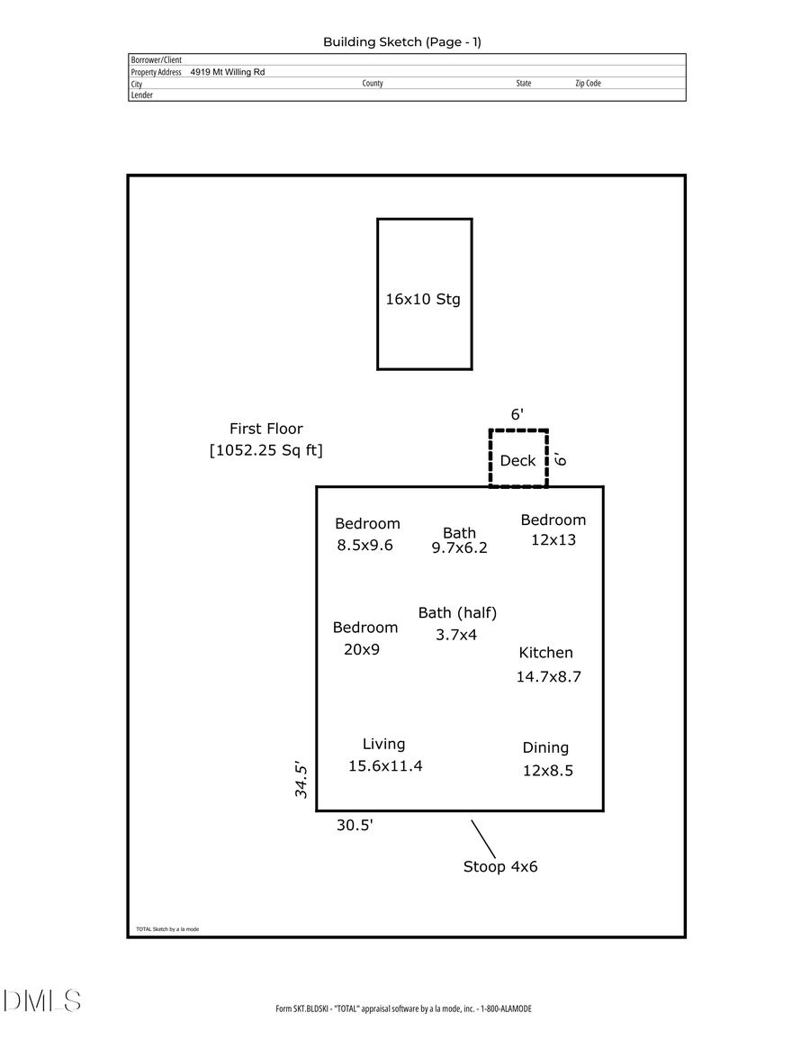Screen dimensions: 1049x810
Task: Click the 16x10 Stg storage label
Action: pos(423,300)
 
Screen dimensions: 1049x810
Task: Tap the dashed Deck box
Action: pos(518,460)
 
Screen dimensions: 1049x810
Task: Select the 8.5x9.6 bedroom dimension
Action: pos(365,545)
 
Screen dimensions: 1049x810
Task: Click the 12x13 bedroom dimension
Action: pos(553,540)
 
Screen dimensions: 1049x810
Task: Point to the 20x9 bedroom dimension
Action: pos(362,649)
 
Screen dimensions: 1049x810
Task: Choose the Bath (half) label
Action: pos(457,613)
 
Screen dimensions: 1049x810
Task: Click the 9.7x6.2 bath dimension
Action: pos(459,547)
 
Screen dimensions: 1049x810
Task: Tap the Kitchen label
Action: pos(545,653)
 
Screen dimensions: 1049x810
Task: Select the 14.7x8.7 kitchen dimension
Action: pos(548,677)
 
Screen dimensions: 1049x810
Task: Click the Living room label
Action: pos(383,744)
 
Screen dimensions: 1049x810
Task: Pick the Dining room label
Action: pos(545,747)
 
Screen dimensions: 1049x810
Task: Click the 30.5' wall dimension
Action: pos(355,826)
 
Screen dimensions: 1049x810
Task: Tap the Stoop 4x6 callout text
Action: pos(500,867)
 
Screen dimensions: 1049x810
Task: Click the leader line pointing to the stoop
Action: pos(483,839)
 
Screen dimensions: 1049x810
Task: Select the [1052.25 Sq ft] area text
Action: pos(265,450)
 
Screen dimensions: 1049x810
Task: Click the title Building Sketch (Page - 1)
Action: pos(402,42)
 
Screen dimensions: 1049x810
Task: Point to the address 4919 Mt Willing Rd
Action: pos(228,72)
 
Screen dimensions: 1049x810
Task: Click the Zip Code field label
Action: pos(588,84)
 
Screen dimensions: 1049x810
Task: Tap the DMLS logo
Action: pos(42,1000)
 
